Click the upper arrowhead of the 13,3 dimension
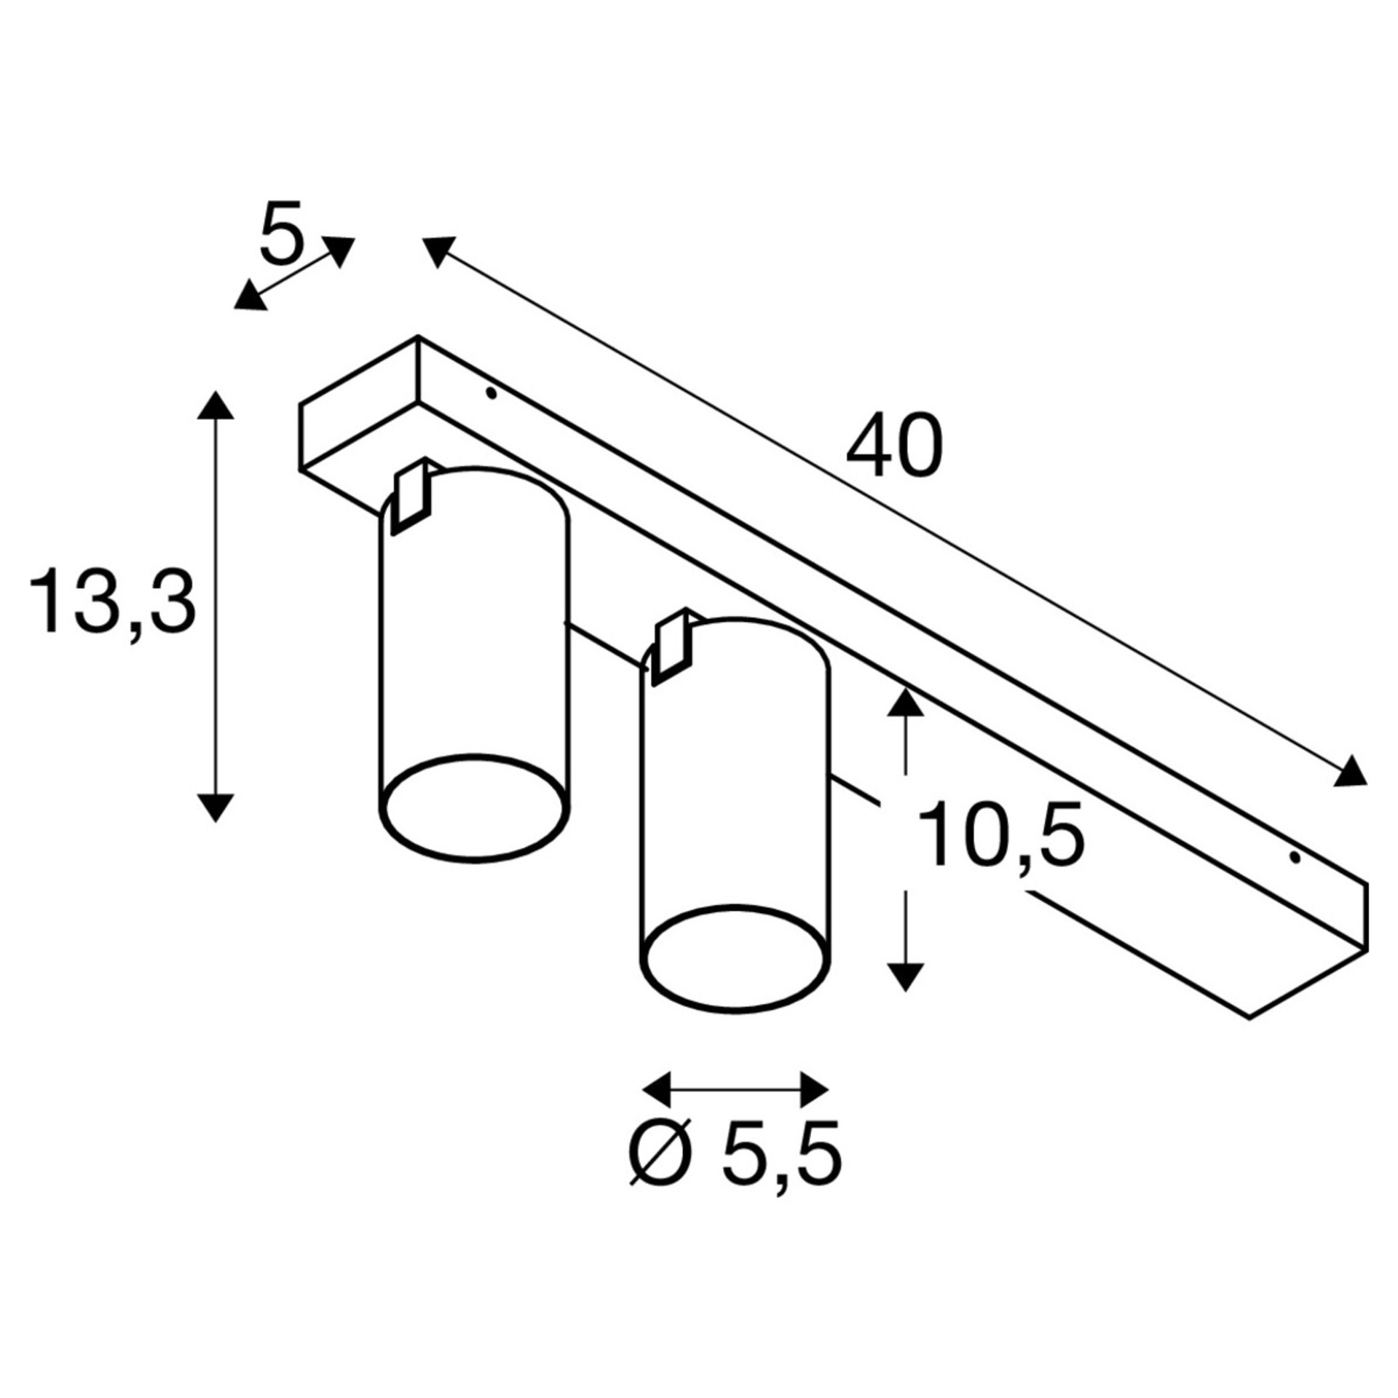point(216,405)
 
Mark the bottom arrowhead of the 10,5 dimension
point(905,976)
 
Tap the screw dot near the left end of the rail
point(491,394)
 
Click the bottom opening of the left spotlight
point(475,808)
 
